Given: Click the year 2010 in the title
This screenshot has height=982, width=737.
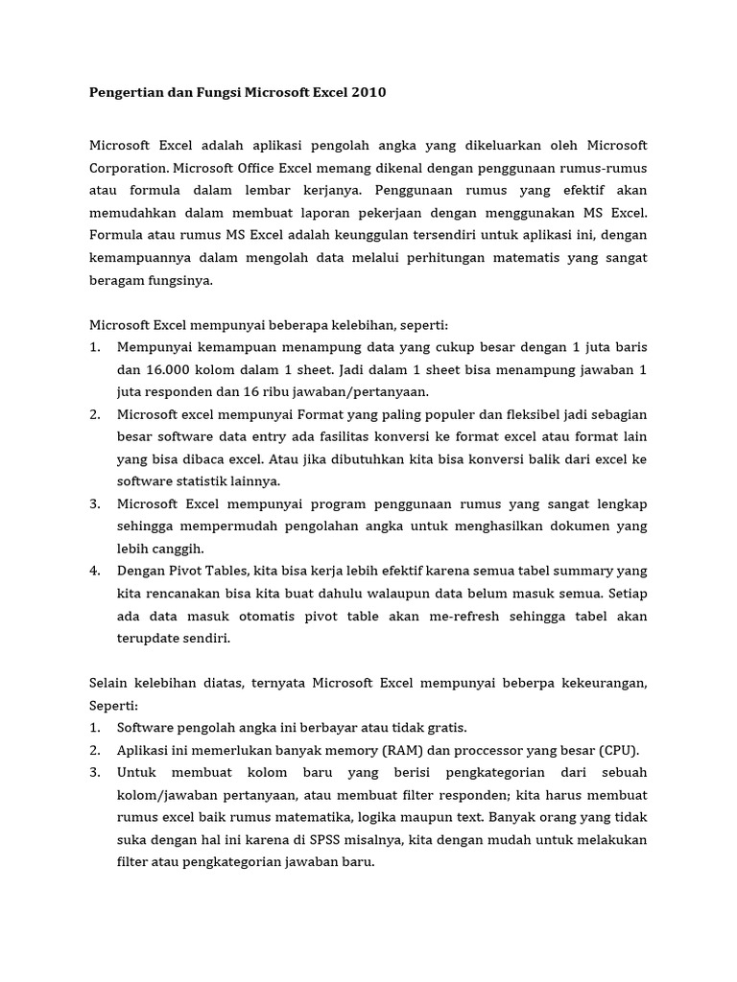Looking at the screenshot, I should [372, 93].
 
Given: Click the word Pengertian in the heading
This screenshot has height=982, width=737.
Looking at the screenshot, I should [124, 93].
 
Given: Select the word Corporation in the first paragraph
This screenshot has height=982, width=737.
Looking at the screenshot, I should [128, 167].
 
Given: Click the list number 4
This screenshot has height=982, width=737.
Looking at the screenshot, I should [95, 572].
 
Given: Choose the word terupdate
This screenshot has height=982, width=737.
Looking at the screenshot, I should [147, 639].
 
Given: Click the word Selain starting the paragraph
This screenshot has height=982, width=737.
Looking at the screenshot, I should [108, 684].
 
